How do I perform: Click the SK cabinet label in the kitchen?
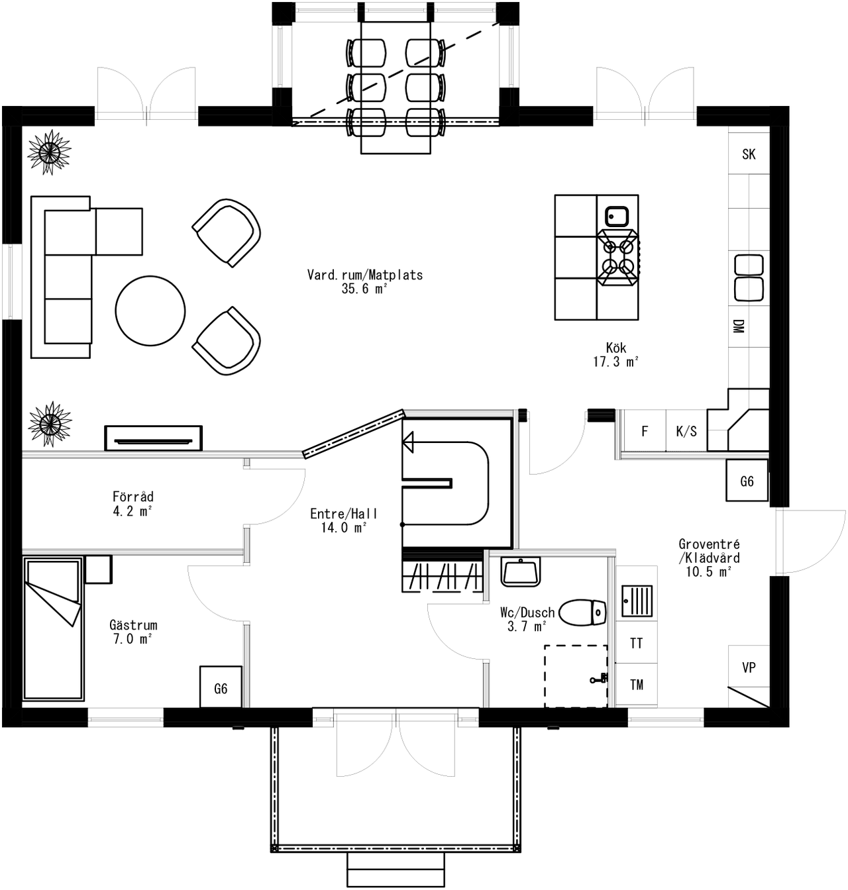[x=749, y=154]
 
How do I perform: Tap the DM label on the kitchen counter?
[x=738, y=326]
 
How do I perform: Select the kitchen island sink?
[x=617, y=215]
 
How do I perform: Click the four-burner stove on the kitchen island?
[x=617, y=257]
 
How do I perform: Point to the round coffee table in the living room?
[x=150, y=311]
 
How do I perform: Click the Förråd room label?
[x=133, y=497]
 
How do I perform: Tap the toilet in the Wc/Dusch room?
[x=583, y=613]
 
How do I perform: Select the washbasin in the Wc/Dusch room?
[x=521, y=571]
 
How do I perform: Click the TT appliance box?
[x=637, y=643]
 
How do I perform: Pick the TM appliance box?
[x=637, y=685]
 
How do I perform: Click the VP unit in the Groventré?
[x=749, y=667]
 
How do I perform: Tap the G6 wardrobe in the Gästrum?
[x=221, y=689]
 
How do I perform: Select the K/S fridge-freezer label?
[x=686, y=432]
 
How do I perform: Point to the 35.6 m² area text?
[x=364, y=289]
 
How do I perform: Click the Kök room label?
[x=616, y=348]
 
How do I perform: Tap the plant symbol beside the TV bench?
[x=50, y=423]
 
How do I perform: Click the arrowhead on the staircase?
[x=408, y=442]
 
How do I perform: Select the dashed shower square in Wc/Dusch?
[x=576, y=675]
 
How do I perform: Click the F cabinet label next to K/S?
[x=645, y=432]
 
